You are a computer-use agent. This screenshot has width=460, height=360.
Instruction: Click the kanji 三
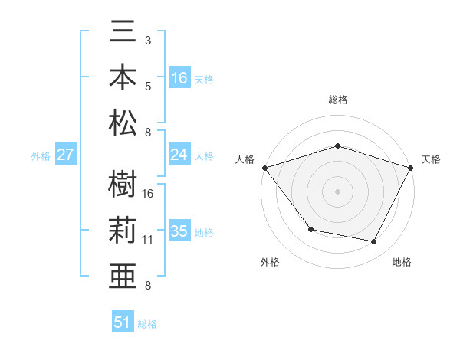[123, 32]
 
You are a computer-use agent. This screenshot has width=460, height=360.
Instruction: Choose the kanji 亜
[123, 274]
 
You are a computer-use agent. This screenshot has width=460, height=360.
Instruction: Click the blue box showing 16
[179, 77]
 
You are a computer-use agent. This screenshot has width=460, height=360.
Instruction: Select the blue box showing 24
[179, 155]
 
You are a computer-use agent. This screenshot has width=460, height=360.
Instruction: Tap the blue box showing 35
[179, 231]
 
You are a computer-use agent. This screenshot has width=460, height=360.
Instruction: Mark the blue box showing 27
[66, 155]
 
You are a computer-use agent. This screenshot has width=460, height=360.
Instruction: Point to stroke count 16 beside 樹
[148, 194]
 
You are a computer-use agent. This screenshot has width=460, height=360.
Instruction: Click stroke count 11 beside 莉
[148, 240]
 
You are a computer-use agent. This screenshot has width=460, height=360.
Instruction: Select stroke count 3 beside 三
[148, 39]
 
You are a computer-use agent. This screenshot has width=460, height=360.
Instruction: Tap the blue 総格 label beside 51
[147, 324]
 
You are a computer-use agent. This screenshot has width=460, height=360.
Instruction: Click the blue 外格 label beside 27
[41, 156]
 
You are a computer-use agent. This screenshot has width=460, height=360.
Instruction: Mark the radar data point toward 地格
[374, 242]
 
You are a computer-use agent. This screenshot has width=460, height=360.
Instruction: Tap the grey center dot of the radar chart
[337, 191]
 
